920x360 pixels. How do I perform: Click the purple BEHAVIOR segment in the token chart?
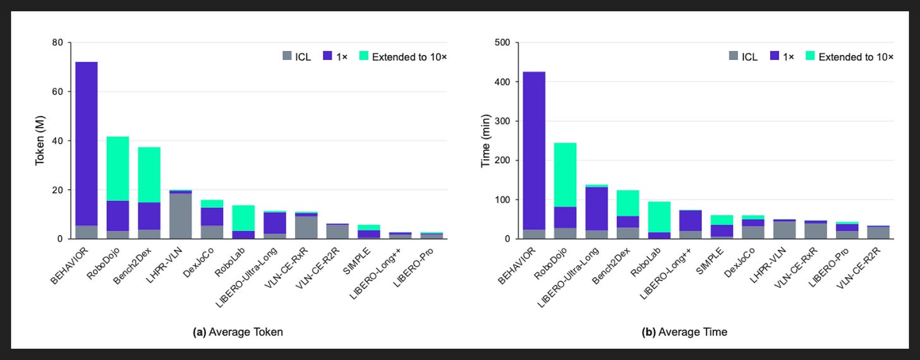(87, 143)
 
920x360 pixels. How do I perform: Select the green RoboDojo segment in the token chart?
(118, 169)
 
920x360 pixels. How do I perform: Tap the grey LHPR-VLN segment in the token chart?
(181, 216)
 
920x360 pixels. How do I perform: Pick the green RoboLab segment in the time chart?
(659, 217)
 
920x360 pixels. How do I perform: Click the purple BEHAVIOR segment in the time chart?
(535, 151)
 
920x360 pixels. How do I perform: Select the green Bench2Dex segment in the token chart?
(149, 175)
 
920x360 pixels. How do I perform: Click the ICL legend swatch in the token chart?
(287, 56)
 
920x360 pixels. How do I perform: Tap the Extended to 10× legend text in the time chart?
(856, 57)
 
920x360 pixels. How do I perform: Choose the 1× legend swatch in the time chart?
(775, 56)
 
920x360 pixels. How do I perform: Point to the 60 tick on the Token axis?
(57, 92)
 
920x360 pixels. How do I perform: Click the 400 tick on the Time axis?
(502, 81)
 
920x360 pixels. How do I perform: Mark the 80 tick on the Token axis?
(57, 42)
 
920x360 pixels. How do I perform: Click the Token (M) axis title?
(40, 140)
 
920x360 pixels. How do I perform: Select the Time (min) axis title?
(485, 141)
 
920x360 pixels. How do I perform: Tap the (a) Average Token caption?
(238, 332)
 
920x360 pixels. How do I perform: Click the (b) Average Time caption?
(684, 332)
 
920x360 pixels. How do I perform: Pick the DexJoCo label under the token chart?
(198, 262)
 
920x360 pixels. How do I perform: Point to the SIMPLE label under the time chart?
(710, 261)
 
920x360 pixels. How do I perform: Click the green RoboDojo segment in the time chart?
(566, 175)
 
